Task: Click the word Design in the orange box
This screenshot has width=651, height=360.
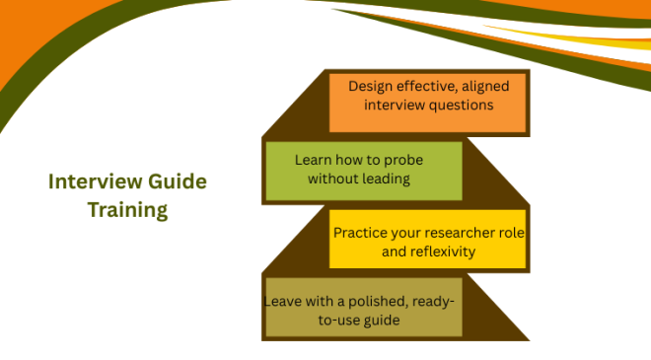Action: point(370,86)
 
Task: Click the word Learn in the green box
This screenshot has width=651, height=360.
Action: point(313,160)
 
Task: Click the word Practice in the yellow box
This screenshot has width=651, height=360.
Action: point(360,234)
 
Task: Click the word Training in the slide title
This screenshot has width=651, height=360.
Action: point(127,209)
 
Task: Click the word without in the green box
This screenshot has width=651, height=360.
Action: point(333,179)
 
